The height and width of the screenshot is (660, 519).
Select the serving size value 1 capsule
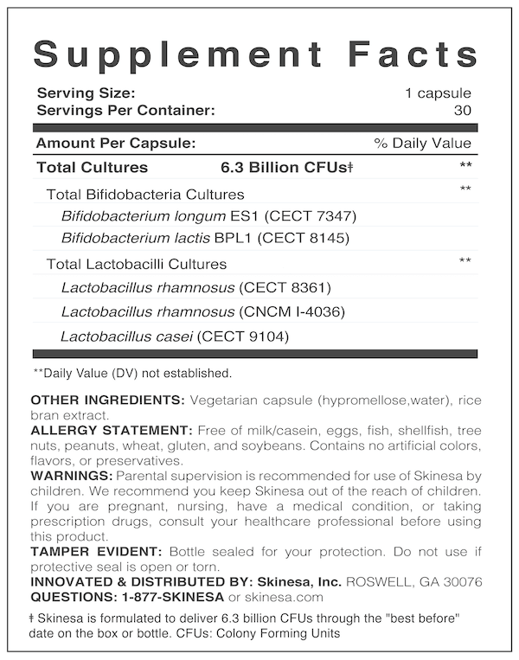438,93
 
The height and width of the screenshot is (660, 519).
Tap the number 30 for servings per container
462,110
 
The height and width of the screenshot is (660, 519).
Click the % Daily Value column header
423,144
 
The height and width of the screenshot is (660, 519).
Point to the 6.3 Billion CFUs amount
288,167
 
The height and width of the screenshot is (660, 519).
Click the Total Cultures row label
93,167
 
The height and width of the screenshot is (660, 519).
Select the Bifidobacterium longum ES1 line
208,215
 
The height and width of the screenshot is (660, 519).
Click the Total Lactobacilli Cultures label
137,264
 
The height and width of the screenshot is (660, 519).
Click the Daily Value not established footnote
132,374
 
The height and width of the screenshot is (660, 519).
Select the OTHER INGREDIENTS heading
107,400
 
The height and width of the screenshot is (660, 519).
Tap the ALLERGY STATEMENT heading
112,430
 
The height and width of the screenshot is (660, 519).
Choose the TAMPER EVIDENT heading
98,551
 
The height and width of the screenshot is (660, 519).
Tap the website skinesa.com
283,596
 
